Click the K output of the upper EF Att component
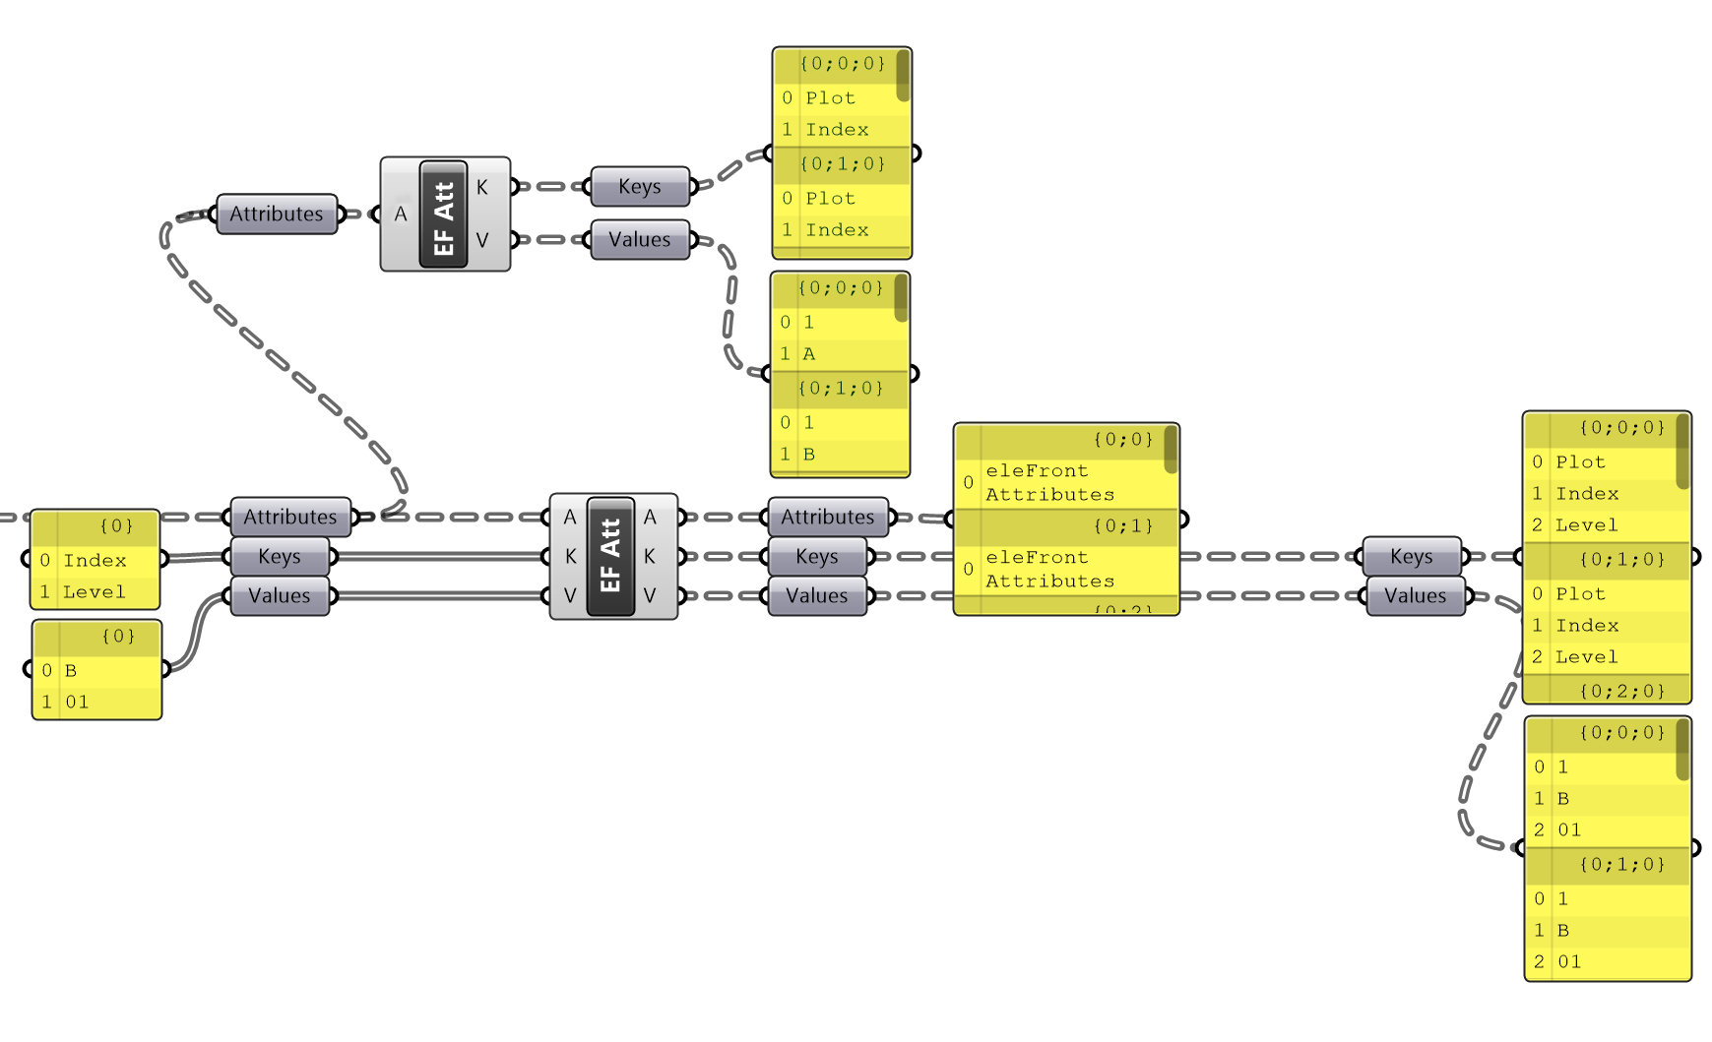pos(482,187)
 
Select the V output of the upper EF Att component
pos(482,240)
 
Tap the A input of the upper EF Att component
pos(400,214)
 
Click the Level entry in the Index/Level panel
pos(95,591)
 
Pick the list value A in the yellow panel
pos(808,354)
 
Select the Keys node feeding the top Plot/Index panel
pos(640,187)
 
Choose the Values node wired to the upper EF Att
pos(640,240)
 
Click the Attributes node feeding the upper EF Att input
pos(277,214)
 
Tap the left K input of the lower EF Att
pos(570,557)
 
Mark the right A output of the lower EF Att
pos(650,518)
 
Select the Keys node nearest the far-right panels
pos(1412,557)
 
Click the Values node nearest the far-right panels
pos(1416,596)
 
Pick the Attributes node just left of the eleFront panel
pos(828,518)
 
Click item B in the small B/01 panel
pos(71,670)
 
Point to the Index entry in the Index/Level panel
pos(95,560)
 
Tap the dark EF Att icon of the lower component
pos(610,556)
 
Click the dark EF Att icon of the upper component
pos(444,214)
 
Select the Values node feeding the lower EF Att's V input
pos(280,596)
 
